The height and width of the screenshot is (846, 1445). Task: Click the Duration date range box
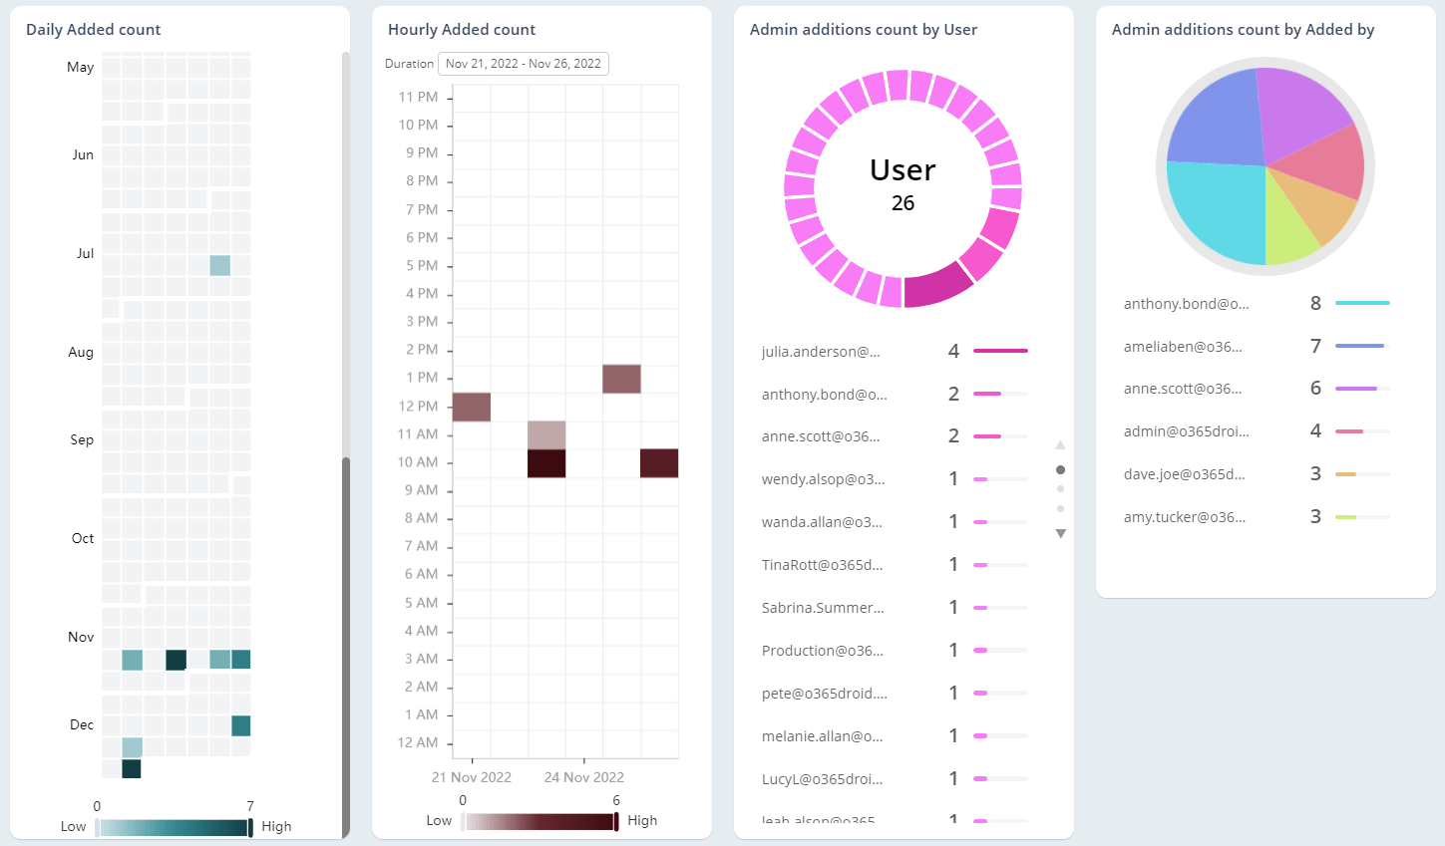[523, 64]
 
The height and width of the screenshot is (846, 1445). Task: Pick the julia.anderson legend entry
[821, 352]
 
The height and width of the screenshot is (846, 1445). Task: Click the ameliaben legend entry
[1183, 347]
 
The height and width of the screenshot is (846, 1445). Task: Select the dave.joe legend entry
[1184, 474]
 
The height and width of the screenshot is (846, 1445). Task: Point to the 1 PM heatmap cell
[621, 379]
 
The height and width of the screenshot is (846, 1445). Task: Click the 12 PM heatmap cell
[472, 407]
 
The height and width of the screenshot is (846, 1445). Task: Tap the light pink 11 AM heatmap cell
[546, 434]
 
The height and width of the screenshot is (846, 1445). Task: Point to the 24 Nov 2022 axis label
[583, 777]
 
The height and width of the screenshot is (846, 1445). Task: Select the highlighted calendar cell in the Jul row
[219, 265]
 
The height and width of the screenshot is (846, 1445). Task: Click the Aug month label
[81, 352]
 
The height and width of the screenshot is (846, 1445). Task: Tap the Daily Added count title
[93, 30]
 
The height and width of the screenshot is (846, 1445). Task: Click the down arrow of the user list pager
[1060, 534]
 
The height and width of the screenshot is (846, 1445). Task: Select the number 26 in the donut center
[903, 203]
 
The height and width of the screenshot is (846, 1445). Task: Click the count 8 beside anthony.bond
[1315, 304]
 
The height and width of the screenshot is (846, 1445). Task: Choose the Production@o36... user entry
[822, 651]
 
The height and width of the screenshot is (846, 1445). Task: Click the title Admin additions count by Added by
[1243, 30]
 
